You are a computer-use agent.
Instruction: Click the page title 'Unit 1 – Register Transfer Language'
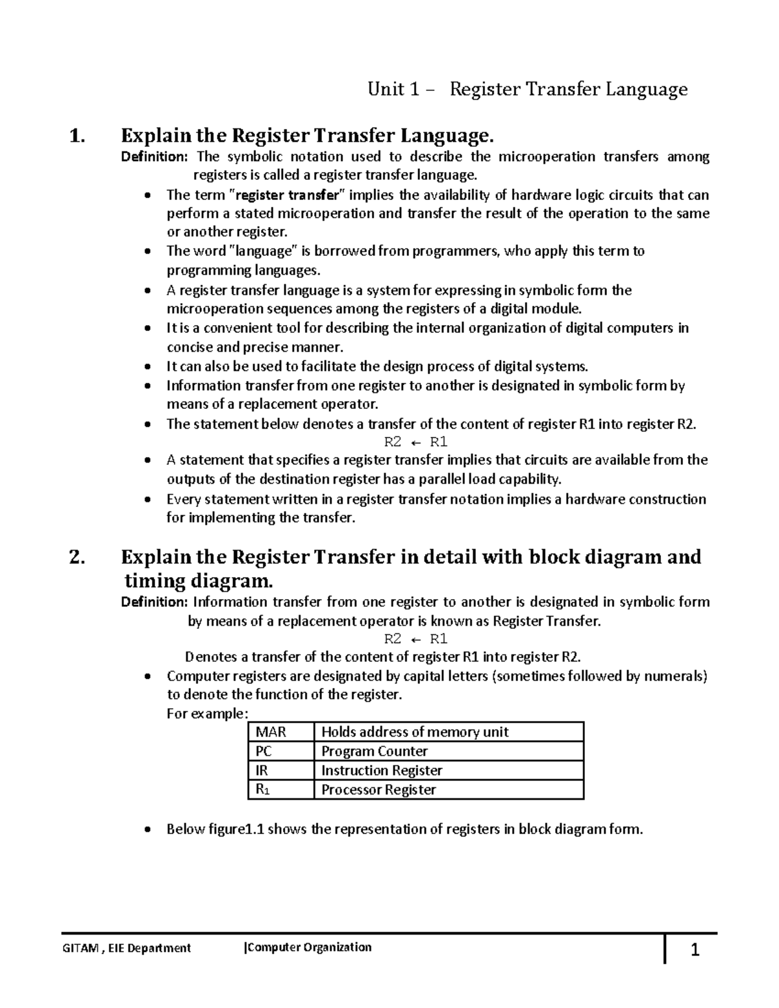[x=527, y=89]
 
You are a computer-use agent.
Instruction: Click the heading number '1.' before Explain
[x=77, y=136]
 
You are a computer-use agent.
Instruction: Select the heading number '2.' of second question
[x=77, y=558]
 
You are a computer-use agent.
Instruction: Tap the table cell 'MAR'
[x=271, y=732]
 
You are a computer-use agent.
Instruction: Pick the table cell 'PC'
[x=264, y=752]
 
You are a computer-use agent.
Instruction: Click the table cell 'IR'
[x=262, y=770]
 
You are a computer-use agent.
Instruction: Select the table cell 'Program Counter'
[x=375, y=752]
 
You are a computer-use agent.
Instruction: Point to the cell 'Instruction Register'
[x=382, y=770]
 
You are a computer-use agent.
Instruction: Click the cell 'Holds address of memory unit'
[x=415, y=732]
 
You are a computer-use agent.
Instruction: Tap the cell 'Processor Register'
[x=378, y=790]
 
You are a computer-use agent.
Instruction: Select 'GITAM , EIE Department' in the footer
[x=127, y=948]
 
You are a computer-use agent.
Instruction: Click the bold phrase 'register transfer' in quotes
[x=288, y=195]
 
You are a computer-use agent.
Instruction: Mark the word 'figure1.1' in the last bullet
[x=235, y=830]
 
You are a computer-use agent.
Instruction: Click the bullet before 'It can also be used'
[x=149, y=367]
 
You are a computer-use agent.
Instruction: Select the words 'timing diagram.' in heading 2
[x=195, y=580]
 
